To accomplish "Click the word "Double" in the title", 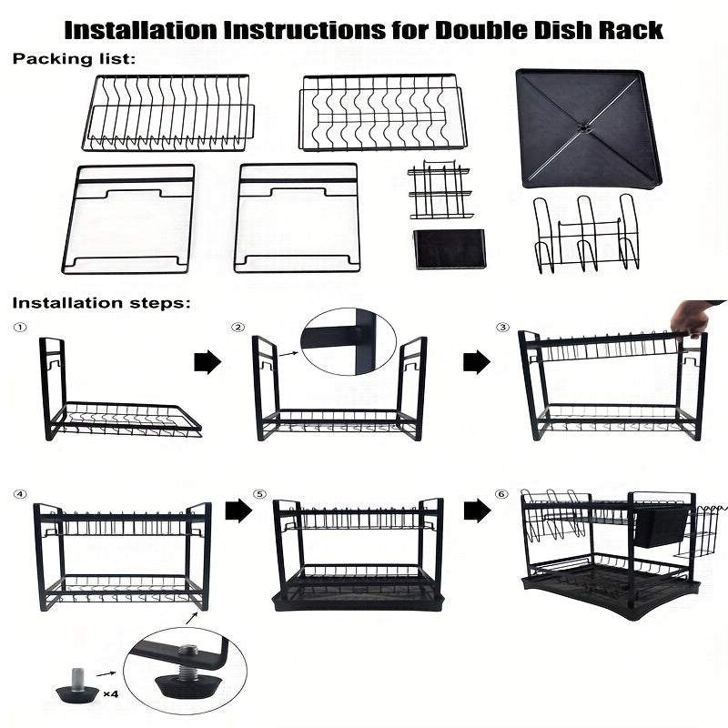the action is pyautogui.click(x=481, y=30).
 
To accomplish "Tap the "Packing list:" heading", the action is pyautogui.click(x=74, y=59).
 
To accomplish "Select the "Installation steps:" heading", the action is pyautogui.click(x=101, y=303).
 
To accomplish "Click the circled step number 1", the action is pyautogui.click(x=20, y=328).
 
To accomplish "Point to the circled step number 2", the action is pyautogui.click(x=238, y=328).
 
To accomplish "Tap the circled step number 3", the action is pyautogui.click(x=502, y=328).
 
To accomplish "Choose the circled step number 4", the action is pyautogui.click(x=20, y=494).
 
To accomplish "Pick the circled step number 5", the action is pyautogui.click(x=259, y=494).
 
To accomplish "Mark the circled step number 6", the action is pyautogui.click(x=501, y=494).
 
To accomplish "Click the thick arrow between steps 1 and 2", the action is pyautogui.click(x=207, y=362).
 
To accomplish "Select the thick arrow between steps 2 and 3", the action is pyautogui.click(x=477, y=362).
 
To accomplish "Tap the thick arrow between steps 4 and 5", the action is pyautogui.click(x=238, y=511).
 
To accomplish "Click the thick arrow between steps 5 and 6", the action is pyautogui.click(x=477, y=511).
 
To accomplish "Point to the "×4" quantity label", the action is pyautogui.click(x=111, y=694).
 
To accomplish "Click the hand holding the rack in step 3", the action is pyautogui.click(x=694, y=318).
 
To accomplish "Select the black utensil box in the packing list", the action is pyautogui.click(x=449, y=248).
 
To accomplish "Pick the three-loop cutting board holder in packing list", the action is pyautogui.click(x=586, y=234).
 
